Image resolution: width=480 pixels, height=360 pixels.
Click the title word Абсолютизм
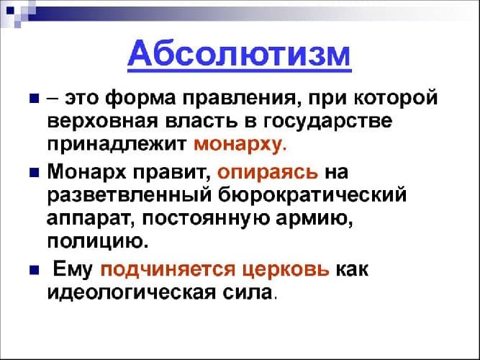[x=240, y=55]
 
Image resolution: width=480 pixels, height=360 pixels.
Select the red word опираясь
[x=267, y=174]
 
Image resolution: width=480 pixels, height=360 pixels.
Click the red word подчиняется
[x=158, y=270]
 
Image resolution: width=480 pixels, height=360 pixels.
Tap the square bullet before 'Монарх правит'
[x=33, y=174]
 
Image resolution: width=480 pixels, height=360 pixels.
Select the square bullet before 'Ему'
[x=33, y=271]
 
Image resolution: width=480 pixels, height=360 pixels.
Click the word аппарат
[x=85, y=217]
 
